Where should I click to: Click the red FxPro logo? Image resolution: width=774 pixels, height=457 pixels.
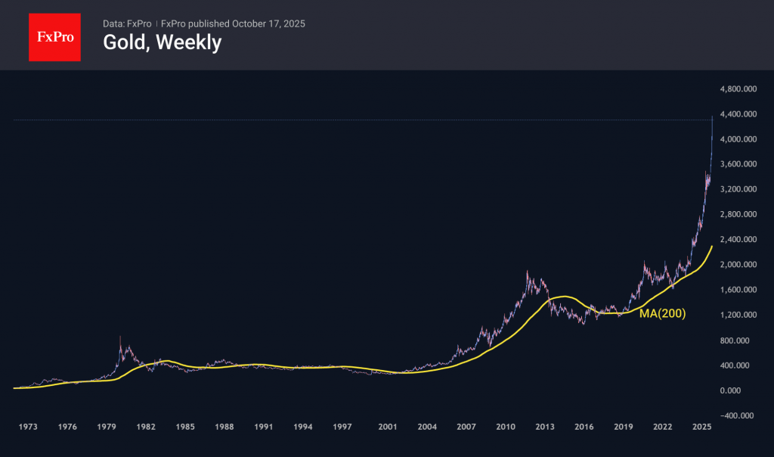click(54, 36)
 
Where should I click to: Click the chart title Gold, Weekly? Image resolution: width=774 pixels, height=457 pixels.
click(162, 43)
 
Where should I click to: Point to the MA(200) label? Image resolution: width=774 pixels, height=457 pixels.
click(662, 313)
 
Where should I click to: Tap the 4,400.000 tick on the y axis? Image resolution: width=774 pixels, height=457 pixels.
click(739, 114)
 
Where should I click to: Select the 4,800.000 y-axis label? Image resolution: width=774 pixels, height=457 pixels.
click(739, 89)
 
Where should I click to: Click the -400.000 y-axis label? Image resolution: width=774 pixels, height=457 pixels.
click(738, 415)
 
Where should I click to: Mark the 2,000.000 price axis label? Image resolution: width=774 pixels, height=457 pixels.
click(739, 265)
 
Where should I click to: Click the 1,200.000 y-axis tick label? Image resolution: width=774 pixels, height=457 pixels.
click(739, 315)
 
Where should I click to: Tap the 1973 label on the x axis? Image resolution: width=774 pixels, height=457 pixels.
click(28, 427)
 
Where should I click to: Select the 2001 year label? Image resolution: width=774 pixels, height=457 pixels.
click(388, 427)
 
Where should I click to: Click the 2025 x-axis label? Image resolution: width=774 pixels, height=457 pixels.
click(701, 427)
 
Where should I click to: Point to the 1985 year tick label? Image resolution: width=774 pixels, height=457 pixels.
click(184, 427)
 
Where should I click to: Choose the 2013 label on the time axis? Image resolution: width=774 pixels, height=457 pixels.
click(544, 427)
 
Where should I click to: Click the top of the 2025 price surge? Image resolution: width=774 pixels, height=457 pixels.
click(712, 117)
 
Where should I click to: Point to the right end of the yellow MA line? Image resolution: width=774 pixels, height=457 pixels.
click(712, 247)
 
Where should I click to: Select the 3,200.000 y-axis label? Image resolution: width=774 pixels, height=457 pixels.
click(739, 189)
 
